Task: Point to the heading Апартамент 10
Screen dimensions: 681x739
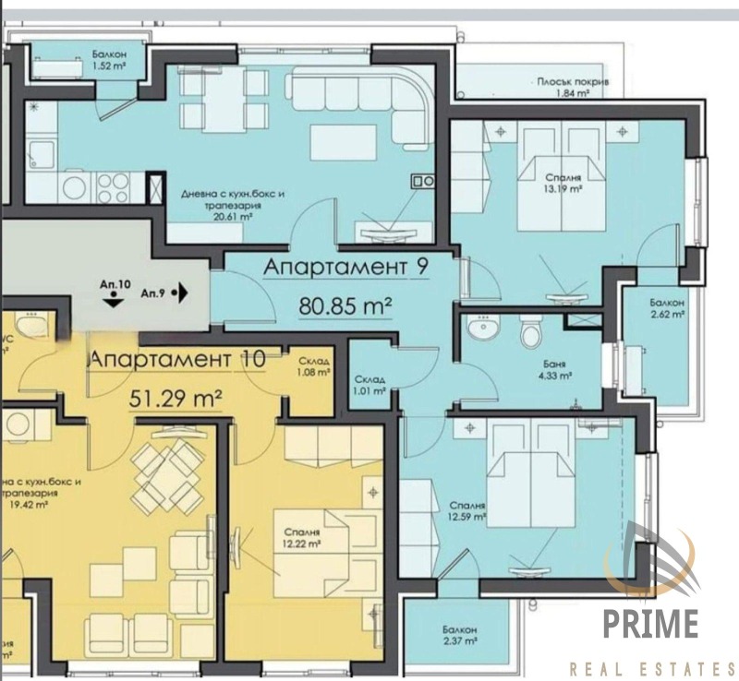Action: [177, 358]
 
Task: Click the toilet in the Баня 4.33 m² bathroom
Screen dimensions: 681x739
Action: [530, 332]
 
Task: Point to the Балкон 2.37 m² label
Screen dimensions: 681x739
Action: [458, 633]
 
